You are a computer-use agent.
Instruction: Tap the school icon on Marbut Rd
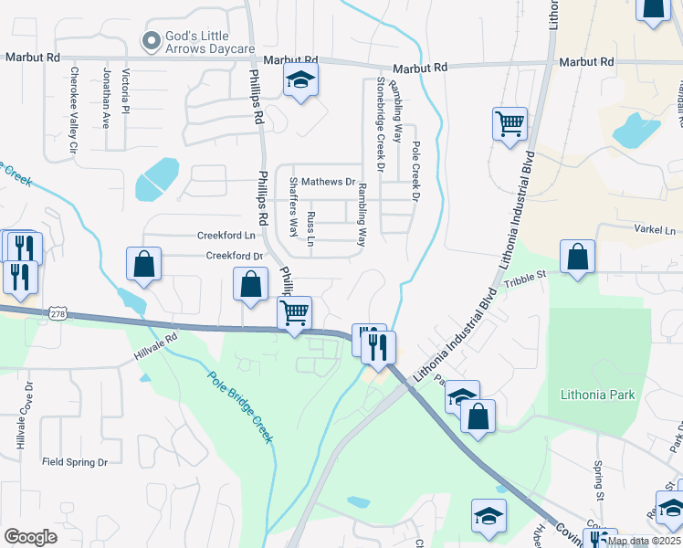coord(299,81)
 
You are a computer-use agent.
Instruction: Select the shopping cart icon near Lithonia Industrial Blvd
coord(510,123)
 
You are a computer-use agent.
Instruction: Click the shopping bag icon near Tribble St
coord(578,258)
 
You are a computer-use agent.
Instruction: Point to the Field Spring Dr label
coord(75,462)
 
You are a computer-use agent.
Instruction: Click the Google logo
coord(30,537)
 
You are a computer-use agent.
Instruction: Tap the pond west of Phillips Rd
coord(158,179)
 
